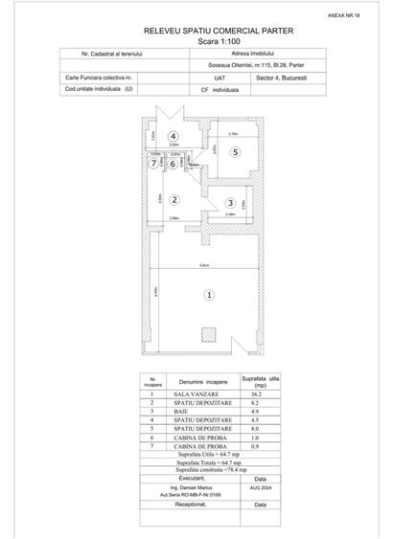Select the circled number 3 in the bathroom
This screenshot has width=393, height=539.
tap(230, 202)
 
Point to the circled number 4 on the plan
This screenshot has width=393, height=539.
tap(173, 136)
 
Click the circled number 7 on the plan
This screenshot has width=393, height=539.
tap(153, 164)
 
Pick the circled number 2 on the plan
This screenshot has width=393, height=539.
tap(173, 164)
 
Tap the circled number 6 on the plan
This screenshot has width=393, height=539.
tap(173, 164)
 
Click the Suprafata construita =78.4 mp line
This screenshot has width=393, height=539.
tap(211, 470)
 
